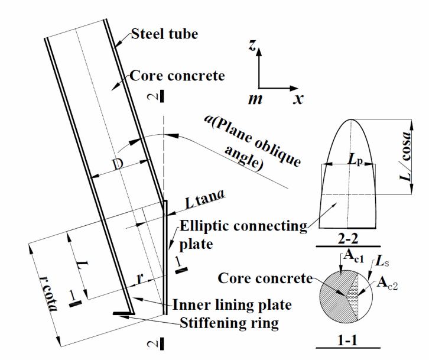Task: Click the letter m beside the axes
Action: pos(255,99)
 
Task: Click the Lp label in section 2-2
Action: pos(353,160)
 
